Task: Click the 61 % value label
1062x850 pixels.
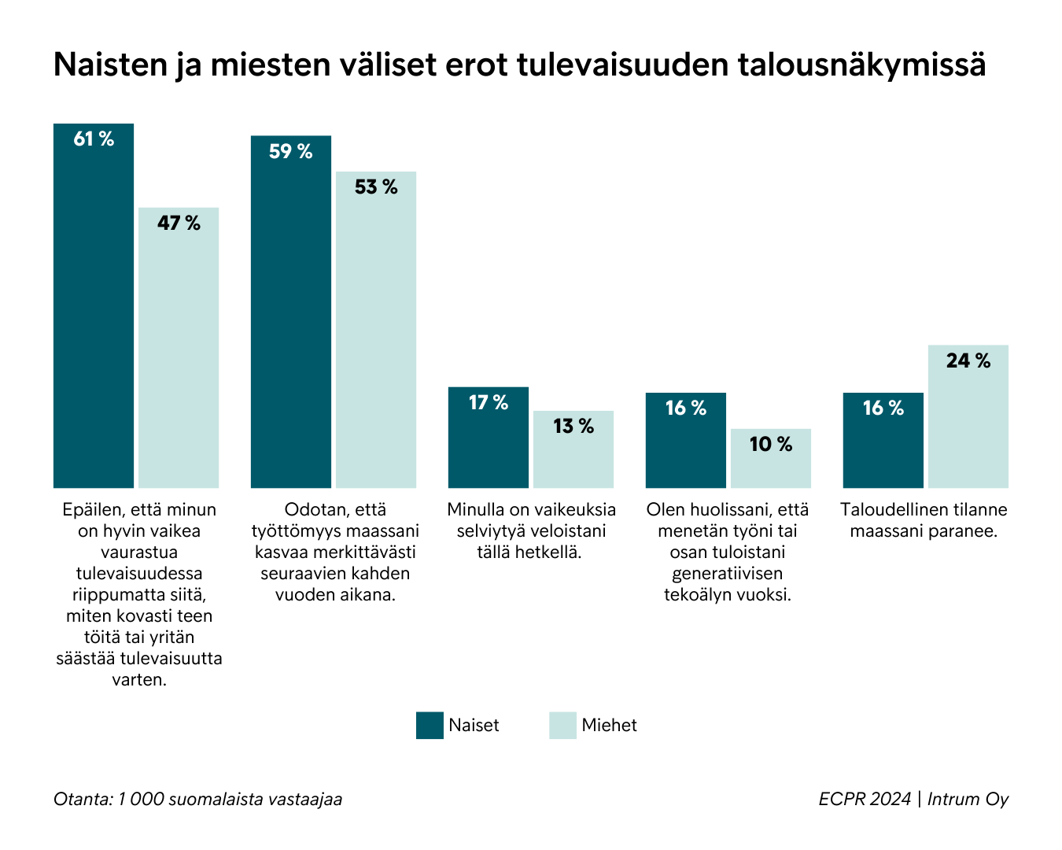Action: [94, 139]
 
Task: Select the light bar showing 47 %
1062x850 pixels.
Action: [179, 354]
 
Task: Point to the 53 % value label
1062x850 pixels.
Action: [376, 187]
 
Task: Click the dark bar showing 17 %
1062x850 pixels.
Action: [489, 445]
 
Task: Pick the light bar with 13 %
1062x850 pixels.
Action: [573, 456]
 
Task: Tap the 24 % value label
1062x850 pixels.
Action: [968, 361]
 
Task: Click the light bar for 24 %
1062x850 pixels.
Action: [968, 425]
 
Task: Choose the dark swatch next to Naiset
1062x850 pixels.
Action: [430, 726]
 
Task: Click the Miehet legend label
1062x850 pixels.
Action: [609, 726]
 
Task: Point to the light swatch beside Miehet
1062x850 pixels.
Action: [562, 726]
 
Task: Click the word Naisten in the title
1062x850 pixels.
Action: [109, 65]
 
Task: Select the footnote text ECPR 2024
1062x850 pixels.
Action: [864, 800]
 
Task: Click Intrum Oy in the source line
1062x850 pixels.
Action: [968, 800]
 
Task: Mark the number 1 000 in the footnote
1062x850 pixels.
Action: [141, 800]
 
